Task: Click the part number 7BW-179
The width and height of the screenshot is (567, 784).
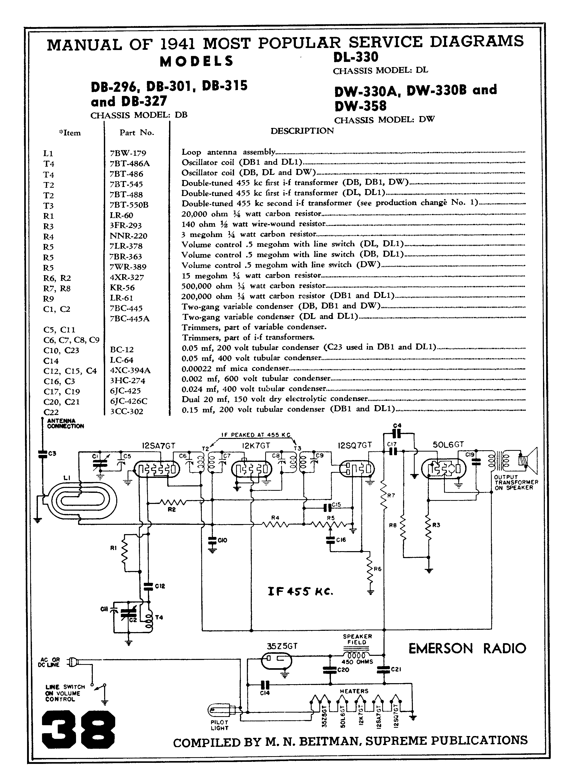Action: pyautogui.click(x=128, y=153)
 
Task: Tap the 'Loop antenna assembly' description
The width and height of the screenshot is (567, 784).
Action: pyautogui.click(x=228, y=152)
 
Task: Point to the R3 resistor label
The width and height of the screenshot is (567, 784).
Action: pyautogui.click(x=436, y=525)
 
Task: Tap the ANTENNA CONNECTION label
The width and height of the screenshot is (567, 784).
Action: pyautogui.click(x=65, y=423)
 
